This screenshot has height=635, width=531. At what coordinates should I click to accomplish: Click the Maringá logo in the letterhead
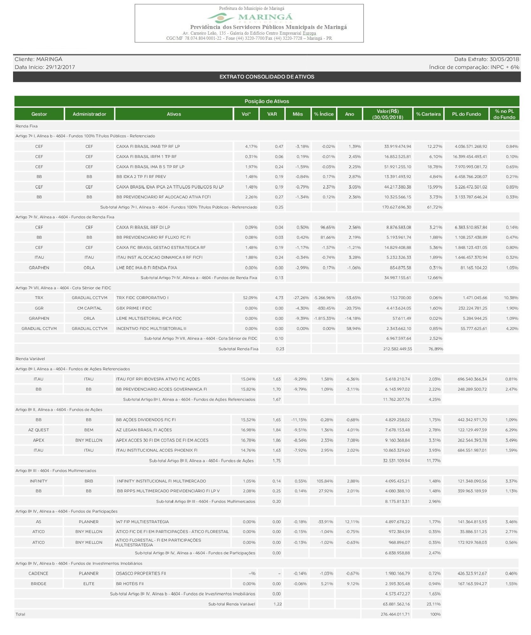pos(249,17)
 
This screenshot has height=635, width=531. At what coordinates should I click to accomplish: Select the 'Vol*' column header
pos(246,114)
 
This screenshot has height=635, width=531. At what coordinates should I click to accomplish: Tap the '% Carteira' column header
pos(428,114)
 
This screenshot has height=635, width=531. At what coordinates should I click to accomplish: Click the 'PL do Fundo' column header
pos(466,114)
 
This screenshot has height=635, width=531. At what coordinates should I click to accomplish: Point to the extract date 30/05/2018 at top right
pos(504,59)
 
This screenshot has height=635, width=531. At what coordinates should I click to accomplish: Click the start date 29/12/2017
pos(60,67)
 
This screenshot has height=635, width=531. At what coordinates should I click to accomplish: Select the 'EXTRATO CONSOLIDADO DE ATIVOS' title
pos(267,77)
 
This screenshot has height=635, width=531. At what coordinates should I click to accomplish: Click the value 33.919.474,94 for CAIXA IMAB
pos(397,147)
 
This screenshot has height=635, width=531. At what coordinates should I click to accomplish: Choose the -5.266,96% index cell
pos(324,298)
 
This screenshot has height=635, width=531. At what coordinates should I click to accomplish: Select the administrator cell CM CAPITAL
pos(89,308)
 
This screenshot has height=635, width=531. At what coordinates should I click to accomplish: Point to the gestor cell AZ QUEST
pos(38,430)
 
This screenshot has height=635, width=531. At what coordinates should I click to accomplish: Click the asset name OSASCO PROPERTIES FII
pos(141,573)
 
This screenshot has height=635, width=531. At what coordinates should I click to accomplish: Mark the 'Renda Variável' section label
pos(30,359)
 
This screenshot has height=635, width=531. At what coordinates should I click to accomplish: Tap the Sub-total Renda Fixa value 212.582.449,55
pos(397,349)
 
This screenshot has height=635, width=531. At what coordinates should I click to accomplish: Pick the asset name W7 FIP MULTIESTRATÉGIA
pos(142,522)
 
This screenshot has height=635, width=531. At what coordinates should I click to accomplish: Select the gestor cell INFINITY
pos(38,481)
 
